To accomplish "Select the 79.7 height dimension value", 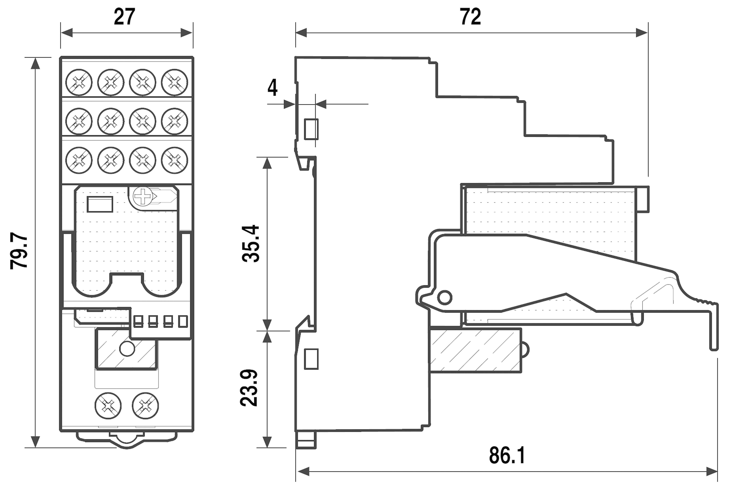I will [x=19, y=250].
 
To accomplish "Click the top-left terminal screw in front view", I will [x=79, y=82].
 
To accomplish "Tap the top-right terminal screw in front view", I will [x=175, y=82].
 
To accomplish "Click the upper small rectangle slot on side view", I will [x=311, y=129].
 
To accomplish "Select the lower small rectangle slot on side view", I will [x=311, y=359].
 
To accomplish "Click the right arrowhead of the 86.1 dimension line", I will [x=712, y=472].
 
